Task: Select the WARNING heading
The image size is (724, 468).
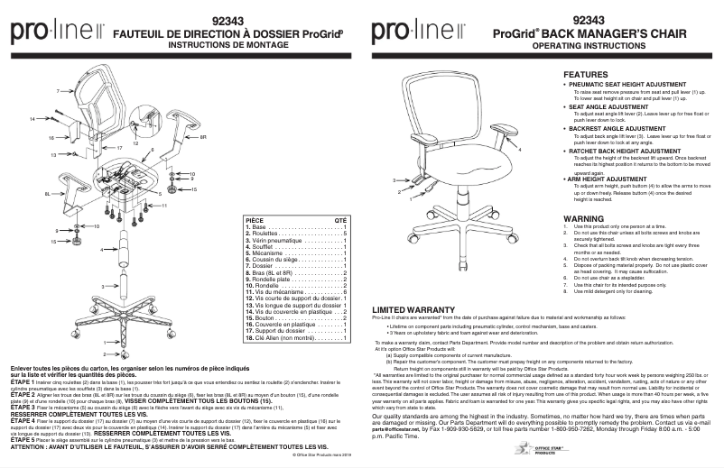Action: pyautogui.click(x=582, y=218)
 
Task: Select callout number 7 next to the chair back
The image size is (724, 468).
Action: pyautogui.click(x=56, y=92)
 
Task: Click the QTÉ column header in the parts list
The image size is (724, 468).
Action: pyautogui.click(x=340, y=218)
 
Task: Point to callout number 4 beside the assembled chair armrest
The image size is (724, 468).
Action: pyautogui.click(x=520, y=149)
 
